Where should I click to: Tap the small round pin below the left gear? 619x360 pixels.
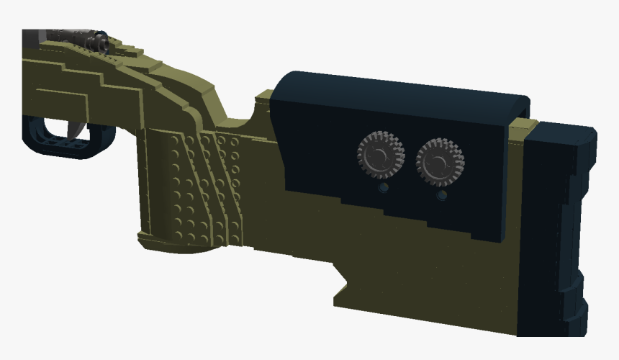point(383,188)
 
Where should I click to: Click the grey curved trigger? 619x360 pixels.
point(76,127)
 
